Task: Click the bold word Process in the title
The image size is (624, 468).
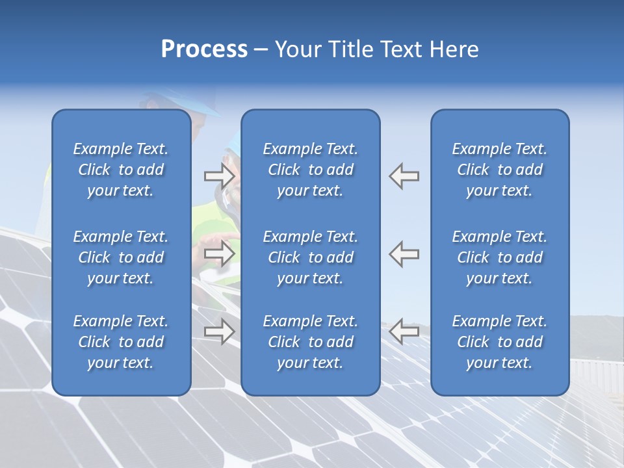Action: [204, 49]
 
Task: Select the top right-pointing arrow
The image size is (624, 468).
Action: [220, 175]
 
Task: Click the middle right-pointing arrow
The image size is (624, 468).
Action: [220, 253]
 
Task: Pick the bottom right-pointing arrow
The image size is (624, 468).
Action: [220, 332]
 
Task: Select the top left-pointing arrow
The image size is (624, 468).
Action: [404, 175]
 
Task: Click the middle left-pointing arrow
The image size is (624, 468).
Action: [404, 253]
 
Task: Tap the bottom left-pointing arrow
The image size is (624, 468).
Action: [404, 332]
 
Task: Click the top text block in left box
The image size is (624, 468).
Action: [121, 170]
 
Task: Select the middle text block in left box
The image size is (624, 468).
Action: [121, 257]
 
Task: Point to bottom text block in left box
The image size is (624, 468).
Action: [121, 342]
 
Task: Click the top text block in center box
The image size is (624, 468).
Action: [311, 170]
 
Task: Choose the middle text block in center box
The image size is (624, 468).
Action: [311, 257]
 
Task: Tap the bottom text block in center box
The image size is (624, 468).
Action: [311, 342]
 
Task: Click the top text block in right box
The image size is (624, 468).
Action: [500, 170]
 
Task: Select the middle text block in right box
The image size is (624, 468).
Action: [500, 257]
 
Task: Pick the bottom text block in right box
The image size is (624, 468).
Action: [500, 342]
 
